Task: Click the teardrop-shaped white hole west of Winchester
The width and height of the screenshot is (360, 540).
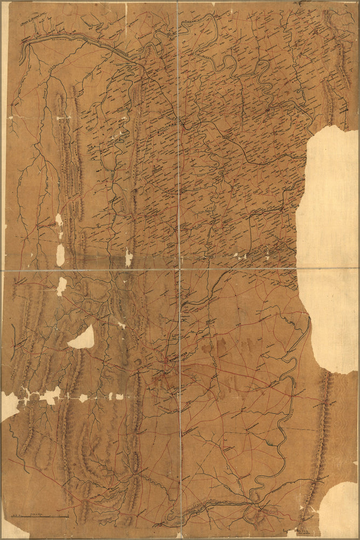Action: point(83,339)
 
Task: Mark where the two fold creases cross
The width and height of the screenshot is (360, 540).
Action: point(178,268)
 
